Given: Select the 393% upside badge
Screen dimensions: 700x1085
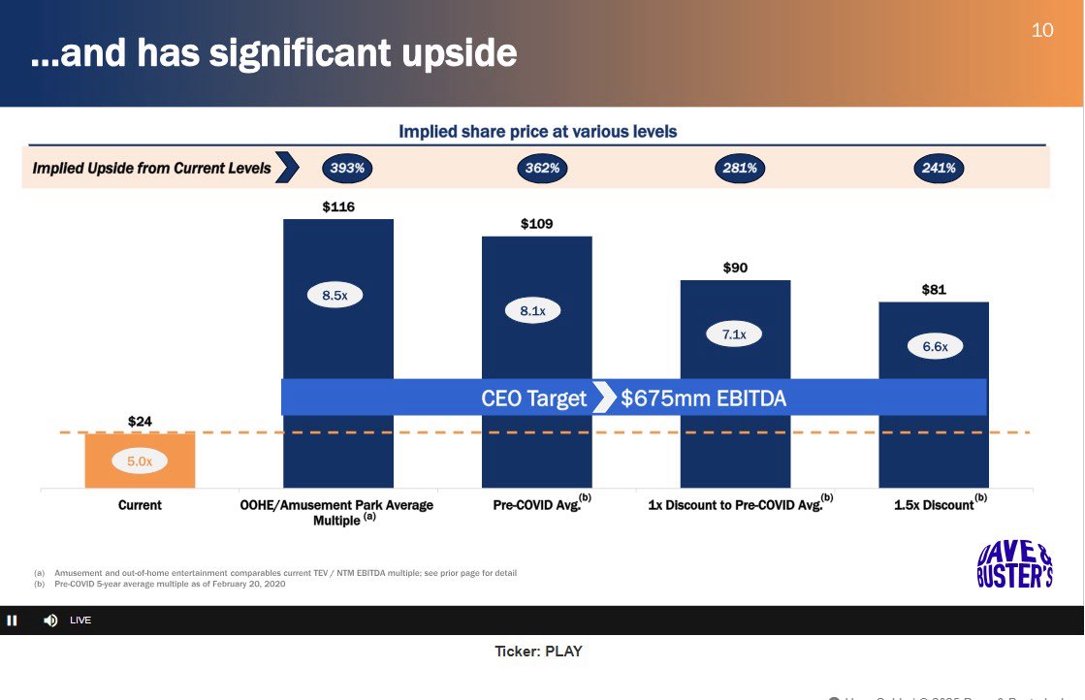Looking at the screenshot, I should [x=347, y=168].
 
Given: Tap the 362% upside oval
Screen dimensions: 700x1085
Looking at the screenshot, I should [x=542, y=168].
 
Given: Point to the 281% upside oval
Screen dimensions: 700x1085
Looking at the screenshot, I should [x=740, y=168].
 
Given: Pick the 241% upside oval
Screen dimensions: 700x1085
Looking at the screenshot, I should [x=938, y=168].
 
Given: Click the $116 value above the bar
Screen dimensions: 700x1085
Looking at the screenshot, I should [x=338, y=207].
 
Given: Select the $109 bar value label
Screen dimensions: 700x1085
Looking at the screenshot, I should [x=536, y=224].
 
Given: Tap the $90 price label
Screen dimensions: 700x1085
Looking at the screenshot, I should [x=735, y=268].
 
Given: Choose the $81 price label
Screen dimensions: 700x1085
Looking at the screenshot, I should [x=934, y=289].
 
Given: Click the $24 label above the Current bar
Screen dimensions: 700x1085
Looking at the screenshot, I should [x=140, y=421].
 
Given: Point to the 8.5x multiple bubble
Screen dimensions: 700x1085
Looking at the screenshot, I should [x=335, y=296].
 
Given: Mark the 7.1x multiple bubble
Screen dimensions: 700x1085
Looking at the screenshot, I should [x=734, y=334].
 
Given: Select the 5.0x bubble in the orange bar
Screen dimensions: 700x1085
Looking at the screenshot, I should [x=140, y=461].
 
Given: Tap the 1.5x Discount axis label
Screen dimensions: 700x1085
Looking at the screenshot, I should [x=935, y=505].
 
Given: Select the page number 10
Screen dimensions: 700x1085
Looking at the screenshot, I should [x=1042, y=30].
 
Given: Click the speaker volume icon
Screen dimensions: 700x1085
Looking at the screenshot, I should [x=50, y=620].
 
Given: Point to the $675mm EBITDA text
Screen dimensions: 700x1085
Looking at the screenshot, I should [x=703, y=398].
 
